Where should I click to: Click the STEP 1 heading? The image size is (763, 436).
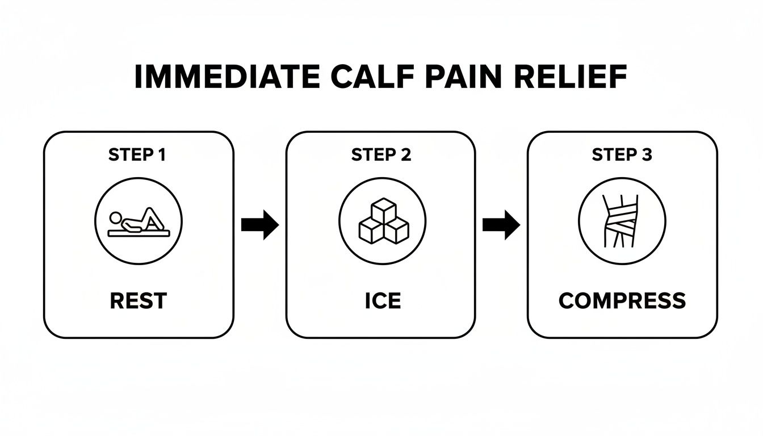pos(137,155)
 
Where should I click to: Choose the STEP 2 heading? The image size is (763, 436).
pos(381,155)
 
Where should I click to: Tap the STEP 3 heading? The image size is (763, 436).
pos(622,155)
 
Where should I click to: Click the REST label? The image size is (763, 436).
pos(137,301)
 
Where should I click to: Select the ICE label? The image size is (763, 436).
pos(382,301)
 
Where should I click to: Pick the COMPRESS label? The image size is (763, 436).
pos(622,301)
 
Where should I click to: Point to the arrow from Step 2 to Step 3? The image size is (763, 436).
pos(501,225)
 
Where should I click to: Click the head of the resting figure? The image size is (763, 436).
pos(116,217)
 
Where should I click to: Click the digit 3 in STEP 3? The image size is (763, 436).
pos(647,155)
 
